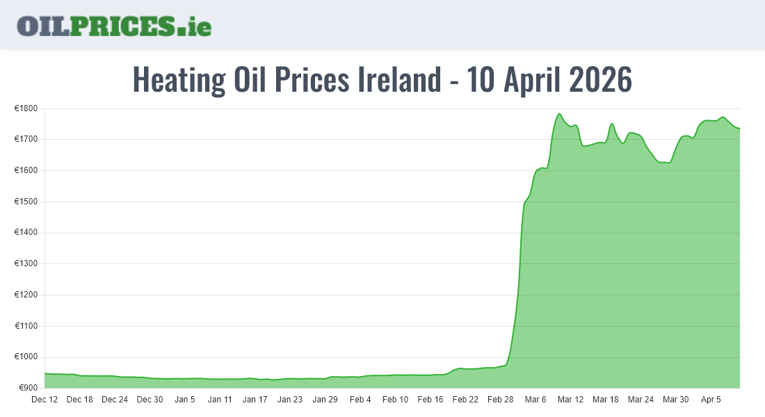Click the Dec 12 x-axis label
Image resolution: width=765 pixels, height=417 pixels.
click(45, 400)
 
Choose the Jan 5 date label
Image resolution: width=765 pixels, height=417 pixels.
click(185, 400)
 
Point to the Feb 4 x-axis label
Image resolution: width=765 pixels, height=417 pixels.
click(360, 400)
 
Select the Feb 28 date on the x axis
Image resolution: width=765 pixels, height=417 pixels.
click(500, 400)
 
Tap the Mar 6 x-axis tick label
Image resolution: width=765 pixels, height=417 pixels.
click(535, 400)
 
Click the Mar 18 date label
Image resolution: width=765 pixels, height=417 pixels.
click(605, 400)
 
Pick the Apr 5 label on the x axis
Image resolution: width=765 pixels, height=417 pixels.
click(711, 400)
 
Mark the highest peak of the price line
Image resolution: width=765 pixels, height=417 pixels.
click(559, 114)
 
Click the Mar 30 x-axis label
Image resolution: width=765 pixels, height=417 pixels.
click(675, 400)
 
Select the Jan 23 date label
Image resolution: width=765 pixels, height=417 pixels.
click(290, 400)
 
